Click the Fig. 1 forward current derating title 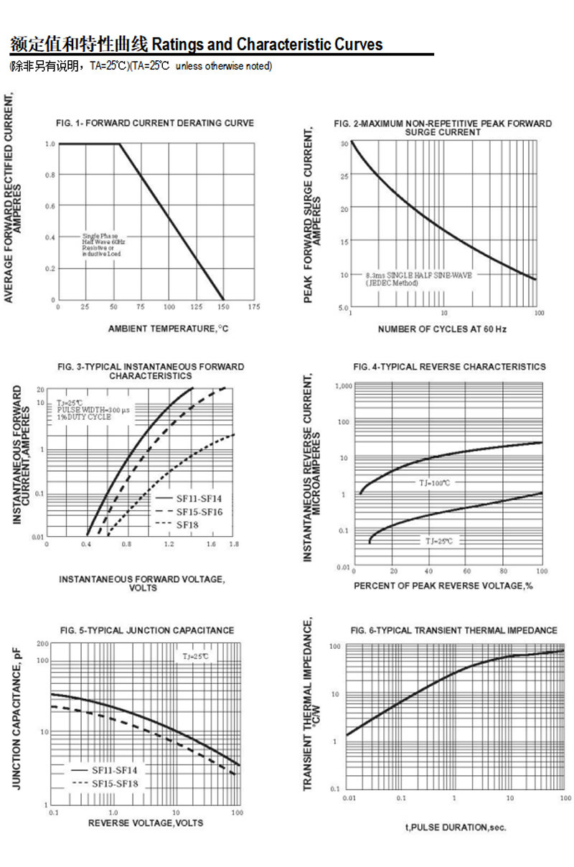[x=154, y=123]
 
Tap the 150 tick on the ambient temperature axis [x=224, y=307]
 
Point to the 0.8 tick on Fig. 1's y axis [x=51, y=175]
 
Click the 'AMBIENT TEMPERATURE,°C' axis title [x=169, y=329]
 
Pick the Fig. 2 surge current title [x=443, y=128]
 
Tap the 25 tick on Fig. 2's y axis [x=344, y=177]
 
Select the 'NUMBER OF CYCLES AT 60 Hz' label [x=442, y=329]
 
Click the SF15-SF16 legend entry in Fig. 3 [x=199, y=511]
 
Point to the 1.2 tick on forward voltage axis [x=169, y=545]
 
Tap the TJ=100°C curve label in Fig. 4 [x=435, y=483]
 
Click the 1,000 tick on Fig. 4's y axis [x=344, y=386]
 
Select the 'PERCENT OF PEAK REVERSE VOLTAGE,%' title [x=443, y=586]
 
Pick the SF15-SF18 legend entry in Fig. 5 [x=114, y=783]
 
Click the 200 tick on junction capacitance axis [x=42, y=644]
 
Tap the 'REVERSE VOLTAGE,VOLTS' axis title [x=146, y=823]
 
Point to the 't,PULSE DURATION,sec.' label [x=456, y=828]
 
